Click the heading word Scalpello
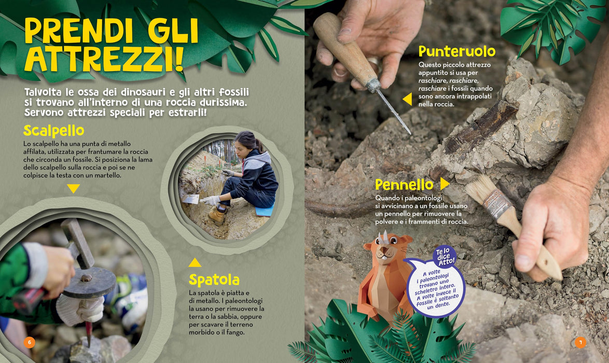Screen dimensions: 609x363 click(53, 131)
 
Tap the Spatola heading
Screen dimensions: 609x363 click(214, 280)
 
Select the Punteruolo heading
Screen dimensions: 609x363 click(456, 51)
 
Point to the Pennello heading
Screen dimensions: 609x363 click(404, 185)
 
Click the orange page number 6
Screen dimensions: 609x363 click(29, 342)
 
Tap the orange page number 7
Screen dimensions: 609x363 click(580, 342)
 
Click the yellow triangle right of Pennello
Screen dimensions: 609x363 click(445, 183)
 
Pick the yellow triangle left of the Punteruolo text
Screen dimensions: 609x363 click(407, 99)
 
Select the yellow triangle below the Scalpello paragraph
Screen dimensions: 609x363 click(73, 188)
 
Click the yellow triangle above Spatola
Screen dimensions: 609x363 click(195, 263)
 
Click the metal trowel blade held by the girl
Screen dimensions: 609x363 click(191, 199)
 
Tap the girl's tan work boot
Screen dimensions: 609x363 click(217, 216)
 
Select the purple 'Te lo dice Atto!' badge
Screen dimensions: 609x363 click(445, 257)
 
